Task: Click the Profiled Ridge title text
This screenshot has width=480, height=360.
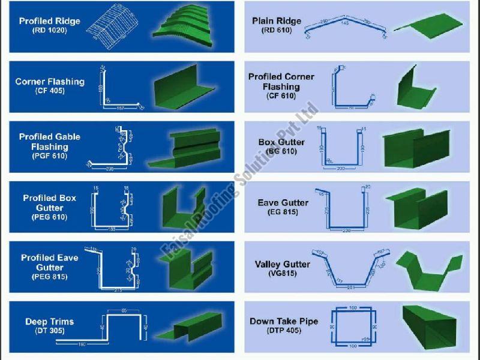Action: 50,20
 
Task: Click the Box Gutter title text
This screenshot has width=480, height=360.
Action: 281,143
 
